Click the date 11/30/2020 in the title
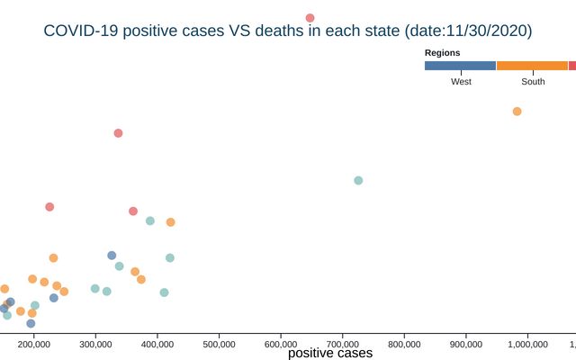pos(487,31)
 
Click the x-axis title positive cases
pos(330,354)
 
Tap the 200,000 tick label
pos(34,342)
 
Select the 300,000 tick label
pos(96,342)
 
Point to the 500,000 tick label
pos(220,342)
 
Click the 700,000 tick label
pos(343,342)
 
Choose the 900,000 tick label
pos(466,342)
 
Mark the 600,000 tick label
pos(281,342)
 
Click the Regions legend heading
pos(443,53)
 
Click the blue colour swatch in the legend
pos(460,66)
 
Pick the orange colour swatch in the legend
pos(532,66)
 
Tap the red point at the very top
pos(310,18)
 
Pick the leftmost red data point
pos(49,206)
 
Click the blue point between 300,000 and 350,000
pos(112,256)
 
